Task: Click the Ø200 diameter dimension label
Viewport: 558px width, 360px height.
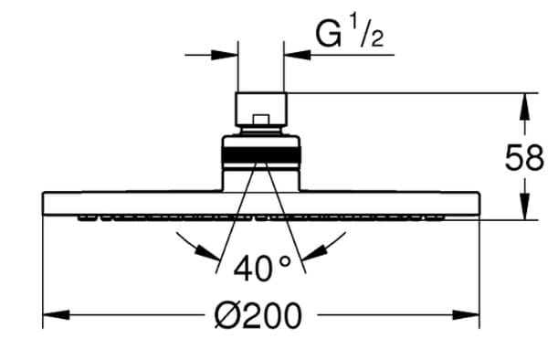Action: click(258, 315)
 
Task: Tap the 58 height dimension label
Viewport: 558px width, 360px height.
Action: click(524, 157)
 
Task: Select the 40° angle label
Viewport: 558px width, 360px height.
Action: click(262, 268)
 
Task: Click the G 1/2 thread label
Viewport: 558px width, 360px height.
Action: click(350, 35)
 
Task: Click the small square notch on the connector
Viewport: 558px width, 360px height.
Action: click(261, 120)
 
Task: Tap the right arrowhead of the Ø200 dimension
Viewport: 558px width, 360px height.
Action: click(466, 315)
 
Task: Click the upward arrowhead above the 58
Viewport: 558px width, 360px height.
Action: click(524, 107)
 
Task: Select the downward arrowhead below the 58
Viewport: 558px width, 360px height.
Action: click(524, 206)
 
